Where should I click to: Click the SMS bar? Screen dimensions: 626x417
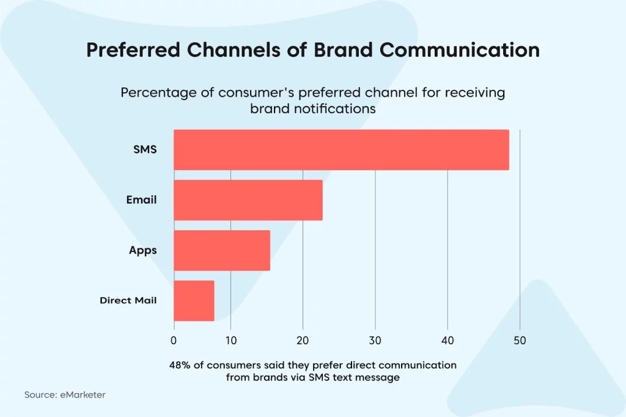pos(341,150)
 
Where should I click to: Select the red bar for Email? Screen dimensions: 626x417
pos(248,200)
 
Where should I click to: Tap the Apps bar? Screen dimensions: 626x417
pos(222,251)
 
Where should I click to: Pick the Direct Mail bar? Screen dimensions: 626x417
pos(194,301)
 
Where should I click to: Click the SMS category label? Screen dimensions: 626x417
pos(145,149)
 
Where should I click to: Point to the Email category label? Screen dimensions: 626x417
pos(141,200)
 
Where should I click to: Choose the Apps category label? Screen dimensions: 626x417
pos(143,251)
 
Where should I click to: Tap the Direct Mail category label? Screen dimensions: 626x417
pos(128,300)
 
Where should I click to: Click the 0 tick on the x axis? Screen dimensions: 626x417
pos(174,341)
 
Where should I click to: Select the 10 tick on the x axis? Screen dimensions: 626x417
pos(230,341)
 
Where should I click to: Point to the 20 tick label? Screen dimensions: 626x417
pos(303,341)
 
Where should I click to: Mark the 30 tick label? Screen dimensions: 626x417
pos(375,341)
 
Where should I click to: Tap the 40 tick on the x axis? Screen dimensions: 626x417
pos(447,341)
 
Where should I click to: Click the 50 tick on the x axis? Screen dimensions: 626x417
pos(520,341)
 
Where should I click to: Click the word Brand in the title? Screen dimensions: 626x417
pos(343,50)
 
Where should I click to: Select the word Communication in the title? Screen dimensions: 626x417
pos(460,50)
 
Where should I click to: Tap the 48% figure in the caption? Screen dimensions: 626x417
pos(180,365)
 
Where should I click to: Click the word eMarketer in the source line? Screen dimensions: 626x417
pos(83,394)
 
